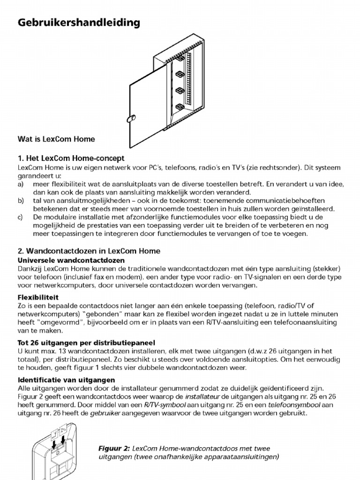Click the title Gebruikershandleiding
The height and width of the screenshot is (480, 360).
(x=79, y=22)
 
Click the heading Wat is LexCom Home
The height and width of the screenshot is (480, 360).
(x=56, y=139)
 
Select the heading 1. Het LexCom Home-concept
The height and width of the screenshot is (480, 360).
(x=71, y=158)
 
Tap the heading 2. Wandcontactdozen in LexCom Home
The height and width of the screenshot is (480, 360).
(x=89, y=251)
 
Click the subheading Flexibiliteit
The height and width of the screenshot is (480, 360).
(x=38, y=297)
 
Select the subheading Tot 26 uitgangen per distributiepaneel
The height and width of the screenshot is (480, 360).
(x=86, y=342)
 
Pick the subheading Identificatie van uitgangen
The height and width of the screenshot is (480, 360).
(x=66, y=380)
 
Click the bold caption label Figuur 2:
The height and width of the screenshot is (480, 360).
(x=114, y=448)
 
